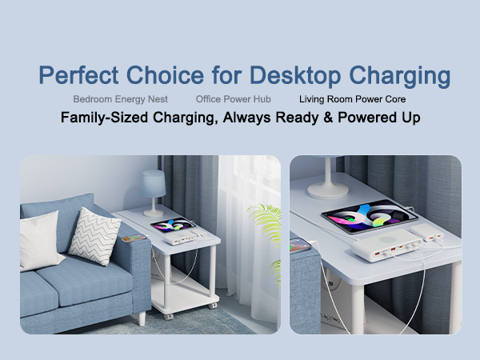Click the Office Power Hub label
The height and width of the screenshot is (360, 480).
233,100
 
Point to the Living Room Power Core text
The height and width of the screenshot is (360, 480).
352,100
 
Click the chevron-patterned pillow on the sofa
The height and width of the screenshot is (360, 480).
94,235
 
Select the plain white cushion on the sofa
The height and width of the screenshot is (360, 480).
40,241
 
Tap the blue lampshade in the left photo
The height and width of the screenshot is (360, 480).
153,182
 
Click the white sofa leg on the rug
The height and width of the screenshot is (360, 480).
141,317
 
